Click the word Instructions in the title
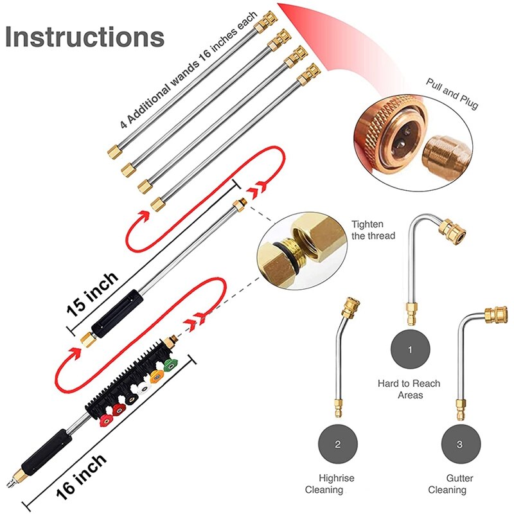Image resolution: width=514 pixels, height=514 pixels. point(84,37)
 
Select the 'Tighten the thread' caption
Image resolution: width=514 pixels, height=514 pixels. point(373,230)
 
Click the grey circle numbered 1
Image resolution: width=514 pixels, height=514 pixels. point(410,350)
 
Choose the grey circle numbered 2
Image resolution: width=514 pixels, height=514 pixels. point(337,444)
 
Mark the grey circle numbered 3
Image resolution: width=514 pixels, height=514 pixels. point(459,444)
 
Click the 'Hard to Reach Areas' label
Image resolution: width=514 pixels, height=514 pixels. point(409,389)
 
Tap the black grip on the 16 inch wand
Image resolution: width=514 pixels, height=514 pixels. point(46,449)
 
